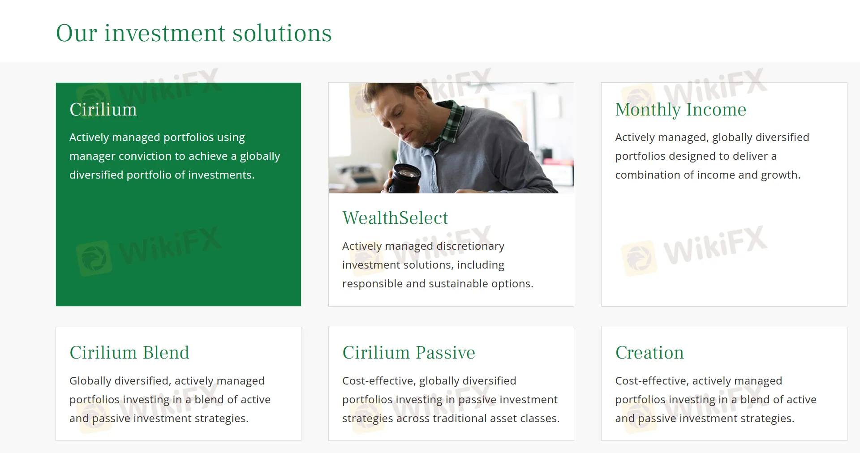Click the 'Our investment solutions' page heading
(193, 33)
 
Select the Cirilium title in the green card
(103, 110)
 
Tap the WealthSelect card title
(395, 218)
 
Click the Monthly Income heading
(680, 110)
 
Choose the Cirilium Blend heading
(129, 353)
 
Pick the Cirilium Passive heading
(408, 353)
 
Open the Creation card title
(649, 353)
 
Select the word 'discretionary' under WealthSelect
(470, 246)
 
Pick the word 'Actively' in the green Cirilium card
(89, 137)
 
